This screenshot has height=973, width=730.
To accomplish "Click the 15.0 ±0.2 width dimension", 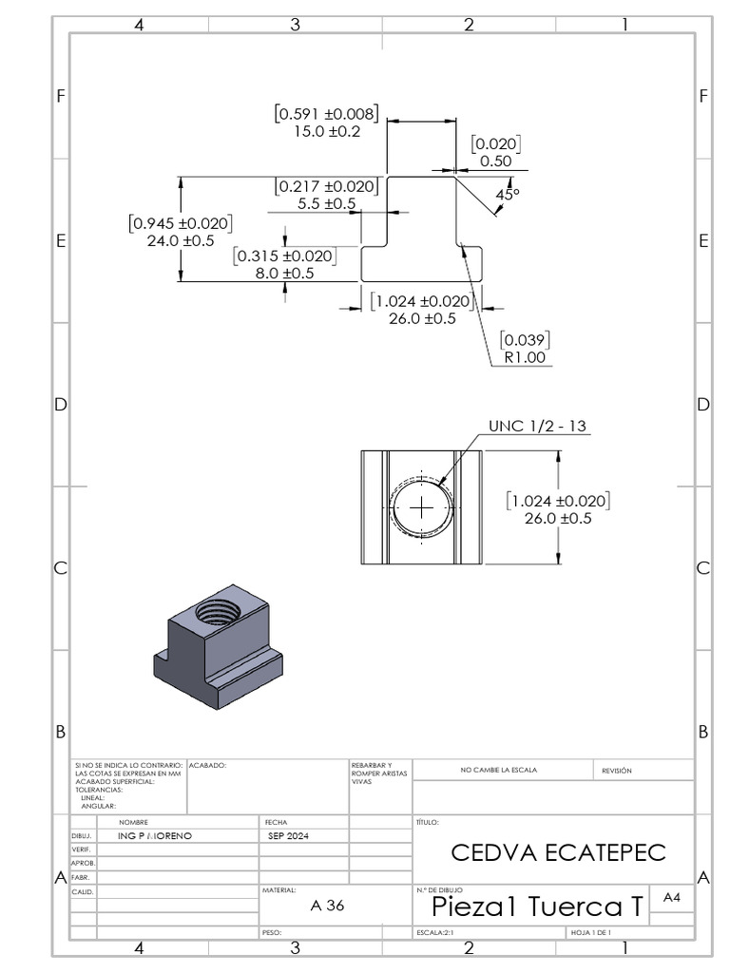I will point(326,132).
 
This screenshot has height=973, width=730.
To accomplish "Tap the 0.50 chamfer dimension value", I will point(495,161).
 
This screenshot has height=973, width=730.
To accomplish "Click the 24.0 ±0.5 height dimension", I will point(180,240).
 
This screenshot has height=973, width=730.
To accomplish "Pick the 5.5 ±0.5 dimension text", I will point(327,203).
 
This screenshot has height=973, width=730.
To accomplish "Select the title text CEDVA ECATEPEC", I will point(558,852).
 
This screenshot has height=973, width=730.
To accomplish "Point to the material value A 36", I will point(327,906).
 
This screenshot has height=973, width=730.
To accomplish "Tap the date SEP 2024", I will point(290,835).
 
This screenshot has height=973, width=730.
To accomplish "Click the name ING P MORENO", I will point(154,835).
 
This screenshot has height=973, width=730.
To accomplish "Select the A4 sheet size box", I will point(672,897).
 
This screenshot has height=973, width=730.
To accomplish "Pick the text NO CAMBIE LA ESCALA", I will point(498,770).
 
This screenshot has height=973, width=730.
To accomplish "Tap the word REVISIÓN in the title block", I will point(616,771).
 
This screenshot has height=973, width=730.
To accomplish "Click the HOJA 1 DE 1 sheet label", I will point(590,933).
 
